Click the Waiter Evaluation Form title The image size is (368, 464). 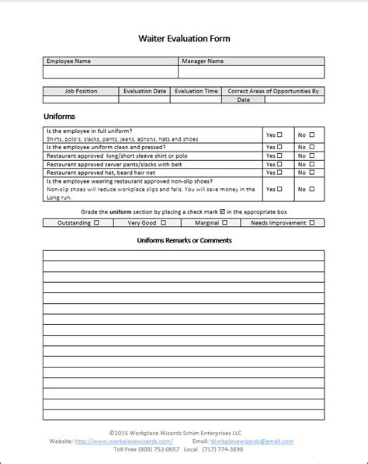tap(184, 37)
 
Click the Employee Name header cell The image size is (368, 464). tap(69, 61)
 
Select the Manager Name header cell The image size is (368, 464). tap(203, 61)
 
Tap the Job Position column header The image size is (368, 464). tap(82, 91)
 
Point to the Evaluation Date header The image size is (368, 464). tap(145, 91)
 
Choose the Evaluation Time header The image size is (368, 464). tap(196, 91)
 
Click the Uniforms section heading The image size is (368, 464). tap(60, 117)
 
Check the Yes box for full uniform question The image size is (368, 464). tap(280, 134)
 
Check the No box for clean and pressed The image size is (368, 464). tap(312, 147)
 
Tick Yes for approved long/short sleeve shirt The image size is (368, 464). tap(280, 156)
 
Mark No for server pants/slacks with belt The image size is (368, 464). tap(312, 165)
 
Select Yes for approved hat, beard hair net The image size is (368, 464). tap(280, 173)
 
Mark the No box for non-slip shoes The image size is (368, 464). tap(312, 189)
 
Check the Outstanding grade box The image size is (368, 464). tap(96, 223)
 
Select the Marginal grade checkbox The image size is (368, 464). tap(223, 223)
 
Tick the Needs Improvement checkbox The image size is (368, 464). tap(311, 223)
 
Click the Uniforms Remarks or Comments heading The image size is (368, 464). tap(184, 241)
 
